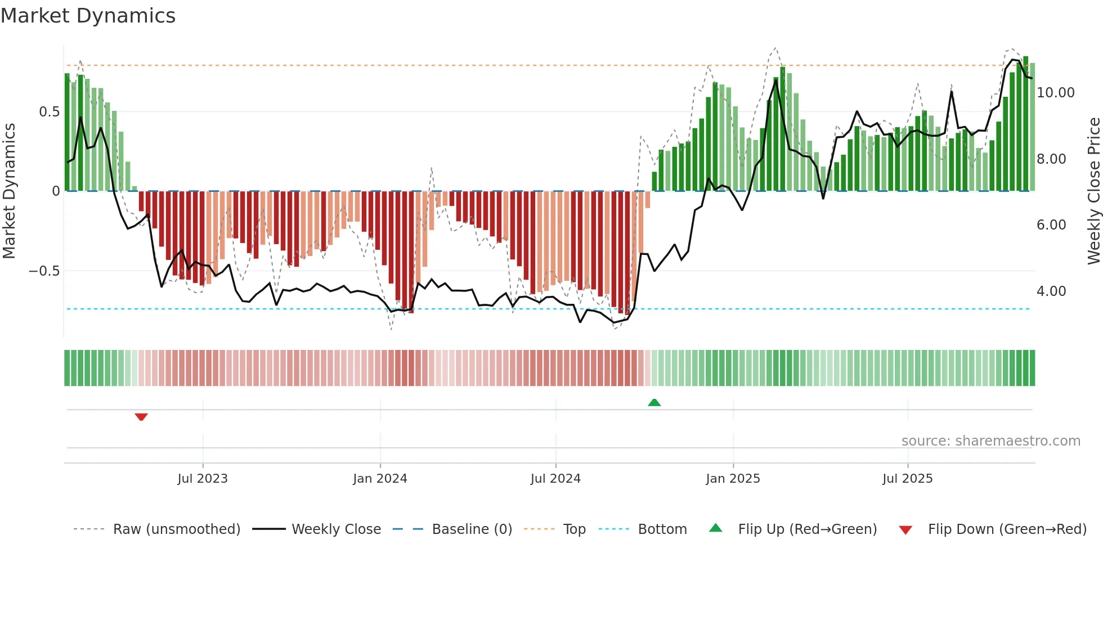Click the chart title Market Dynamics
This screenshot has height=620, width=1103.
pos(88,16)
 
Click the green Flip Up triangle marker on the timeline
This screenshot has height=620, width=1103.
pos(654,402)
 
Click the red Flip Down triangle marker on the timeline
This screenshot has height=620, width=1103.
pos(141,417)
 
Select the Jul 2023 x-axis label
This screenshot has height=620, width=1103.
pos(203,479)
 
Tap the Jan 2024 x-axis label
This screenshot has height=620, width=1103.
pos(380,479)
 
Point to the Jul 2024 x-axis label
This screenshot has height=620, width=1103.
pos(555,479)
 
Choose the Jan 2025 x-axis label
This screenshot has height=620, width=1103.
pos(733,479)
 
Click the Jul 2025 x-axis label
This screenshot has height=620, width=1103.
pos(907,479)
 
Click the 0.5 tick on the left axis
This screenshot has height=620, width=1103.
pos(49,112)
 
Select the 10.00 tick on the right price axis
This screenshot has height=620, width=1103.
pos(1055,93)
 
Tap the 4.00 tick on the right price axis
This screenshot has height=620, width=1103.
pos(1051,291)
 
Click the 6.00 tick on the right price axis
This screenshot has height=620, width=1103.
pos(1051,225)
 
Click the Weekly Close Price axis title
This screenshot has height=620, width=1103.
pos(1093,191)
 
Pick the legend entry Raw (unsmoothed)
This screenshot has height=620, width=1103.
pos(176,529)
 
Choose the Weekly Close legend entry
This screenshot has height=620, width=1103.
pos(336,529)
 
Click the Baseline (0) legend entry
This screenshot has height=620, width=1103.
pos(472,529)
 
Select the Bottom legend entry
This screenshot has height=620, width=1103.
pos(662,529)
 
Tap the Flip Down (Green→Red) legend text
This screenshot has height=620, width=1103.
pos(1007,529)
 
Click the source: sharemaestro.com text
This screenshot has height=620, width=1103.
pos(990,441)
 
